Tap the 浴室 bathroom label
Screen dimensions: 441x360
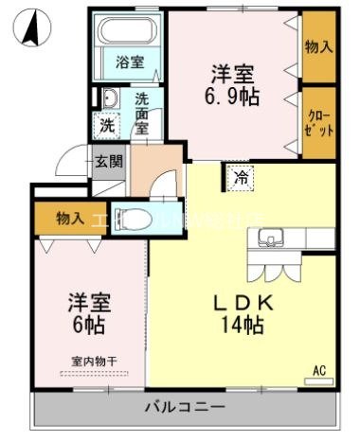pos(130,62)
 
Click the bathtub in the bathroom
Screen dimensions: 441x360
pos(131,34)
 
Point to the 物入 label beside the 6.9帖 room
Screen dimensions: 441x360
pos(317,45)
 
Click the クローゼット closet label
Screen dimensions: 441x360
pos(318,123)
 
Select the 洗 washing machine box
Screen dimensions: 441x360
pos(108,124)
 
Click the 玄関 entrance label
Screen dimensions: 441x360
pos(108,161)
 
